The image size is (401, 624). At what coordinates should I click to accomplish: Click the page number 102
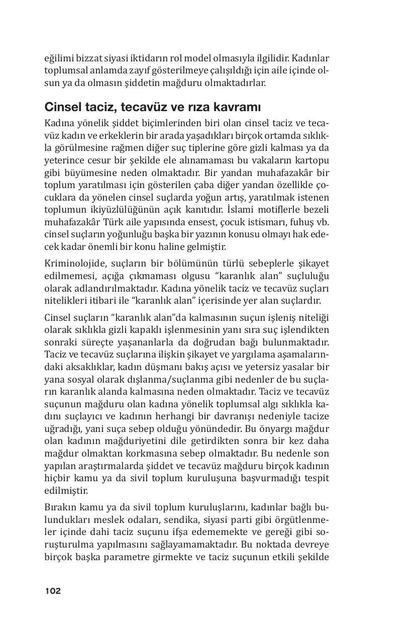coord(53,591)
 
